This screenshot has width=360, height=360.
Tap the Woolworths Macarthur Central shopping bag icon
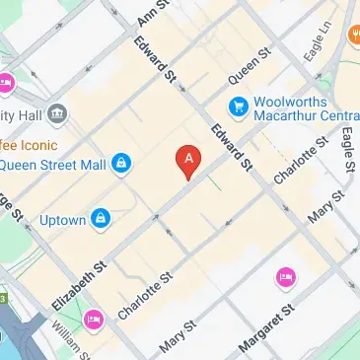[x=238, y=106]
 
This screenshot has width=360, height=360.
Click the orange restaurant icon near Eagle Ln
[x=352, y=36]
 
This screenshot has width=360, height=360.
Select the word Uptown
[x=63, y=219]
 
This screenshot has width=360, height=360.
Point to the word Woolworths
[x=291, y=99]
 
